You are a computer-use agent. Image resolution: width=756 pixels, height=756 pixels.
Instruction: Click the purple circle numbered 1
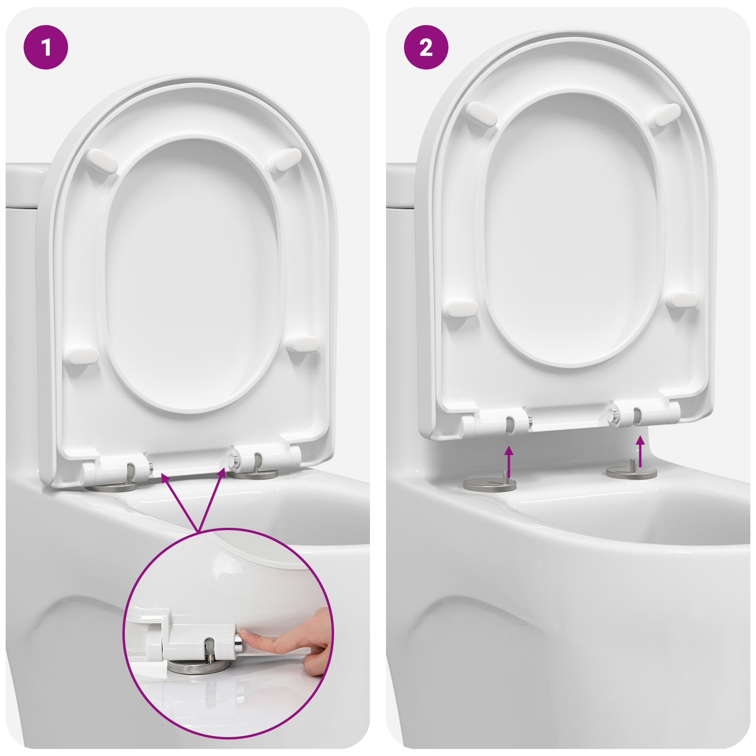click(46, 48)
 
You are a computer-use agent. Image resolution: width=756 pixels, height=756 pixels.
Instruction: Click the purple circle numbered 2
click(426, 48)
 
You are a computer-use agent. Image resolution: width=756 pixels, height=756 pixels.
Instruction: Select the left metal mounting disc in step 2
click(490, 484)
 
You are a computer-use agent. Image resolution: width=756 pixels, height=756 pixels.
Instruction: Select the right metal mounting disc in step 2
click(631, 472)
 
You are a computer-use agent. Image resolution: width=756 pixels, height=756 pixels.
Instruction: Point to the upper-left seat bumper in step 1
click(101, 161)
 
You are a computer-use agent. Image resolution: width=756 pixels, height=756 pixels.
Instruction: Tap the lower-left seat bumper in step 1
click(81, 355)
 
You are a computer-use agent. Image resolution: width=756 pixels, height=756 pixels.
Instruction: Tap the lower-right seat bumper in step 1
click(303, 344)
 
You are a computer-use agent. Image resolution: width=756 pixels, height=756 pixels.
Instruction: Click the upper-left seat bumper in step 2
click(481, 114)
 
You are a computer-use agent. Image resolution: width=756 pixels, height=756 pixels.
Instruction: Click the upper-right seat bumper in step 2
click(664, 115)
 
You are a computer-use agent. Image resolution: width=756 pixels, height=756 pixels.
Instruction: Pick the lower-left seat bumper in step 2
click(460, 308)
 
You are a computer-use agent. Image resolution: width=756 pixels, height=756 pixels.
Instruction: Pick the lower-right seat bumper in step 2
click(683, 299)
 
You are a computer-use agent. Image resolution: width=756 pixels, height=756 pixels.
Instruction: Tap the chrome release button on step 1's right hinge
click(235, 461)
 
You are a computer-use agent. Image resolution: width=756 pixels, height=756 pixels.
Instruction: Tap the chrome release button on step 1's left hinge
click(150, 467)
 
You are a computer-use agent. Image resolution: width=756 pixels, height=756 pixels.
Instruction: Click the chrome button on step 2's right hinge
click(613, 415)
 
